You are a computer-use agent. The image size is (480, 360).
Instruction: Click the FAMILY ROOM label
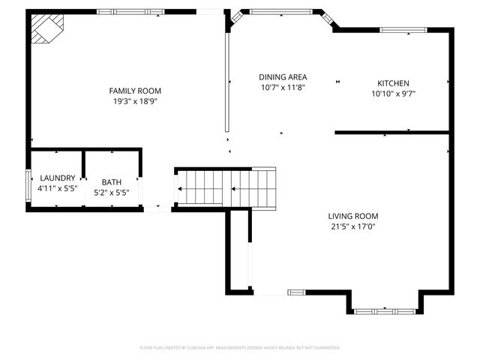click(135, 90)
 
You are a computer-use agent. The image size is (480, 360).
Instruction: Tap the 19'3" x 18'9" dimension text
click(135, 101)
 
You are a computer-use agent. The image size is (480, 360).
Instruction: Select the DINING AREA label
click(283, 76)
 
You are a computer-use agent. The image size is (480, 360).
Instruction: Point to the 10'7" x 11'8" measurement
click(283, 87)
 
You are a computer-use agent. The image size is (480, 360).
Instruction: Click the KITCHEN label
click(393, 83)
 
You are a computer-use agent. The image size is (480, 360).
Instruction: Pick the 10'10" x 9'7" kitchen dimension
click(393, 94)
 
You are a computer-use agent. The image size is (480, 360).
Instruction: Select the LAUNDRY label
click(57, 178)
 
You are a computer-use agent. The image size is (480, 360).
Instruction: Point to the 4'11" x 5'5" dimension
click(57, 188)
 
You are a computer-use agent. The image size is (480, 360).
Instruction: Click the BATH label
click(111, 181)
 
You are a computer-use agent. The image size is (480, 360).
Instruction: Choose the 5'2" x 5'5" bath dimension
click(111, 192)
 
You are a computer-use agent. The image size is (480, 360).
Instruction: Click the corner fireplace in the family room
click(46, 30)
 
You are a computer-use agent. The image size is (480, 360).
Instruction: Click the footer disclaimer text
click(240, 347)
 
